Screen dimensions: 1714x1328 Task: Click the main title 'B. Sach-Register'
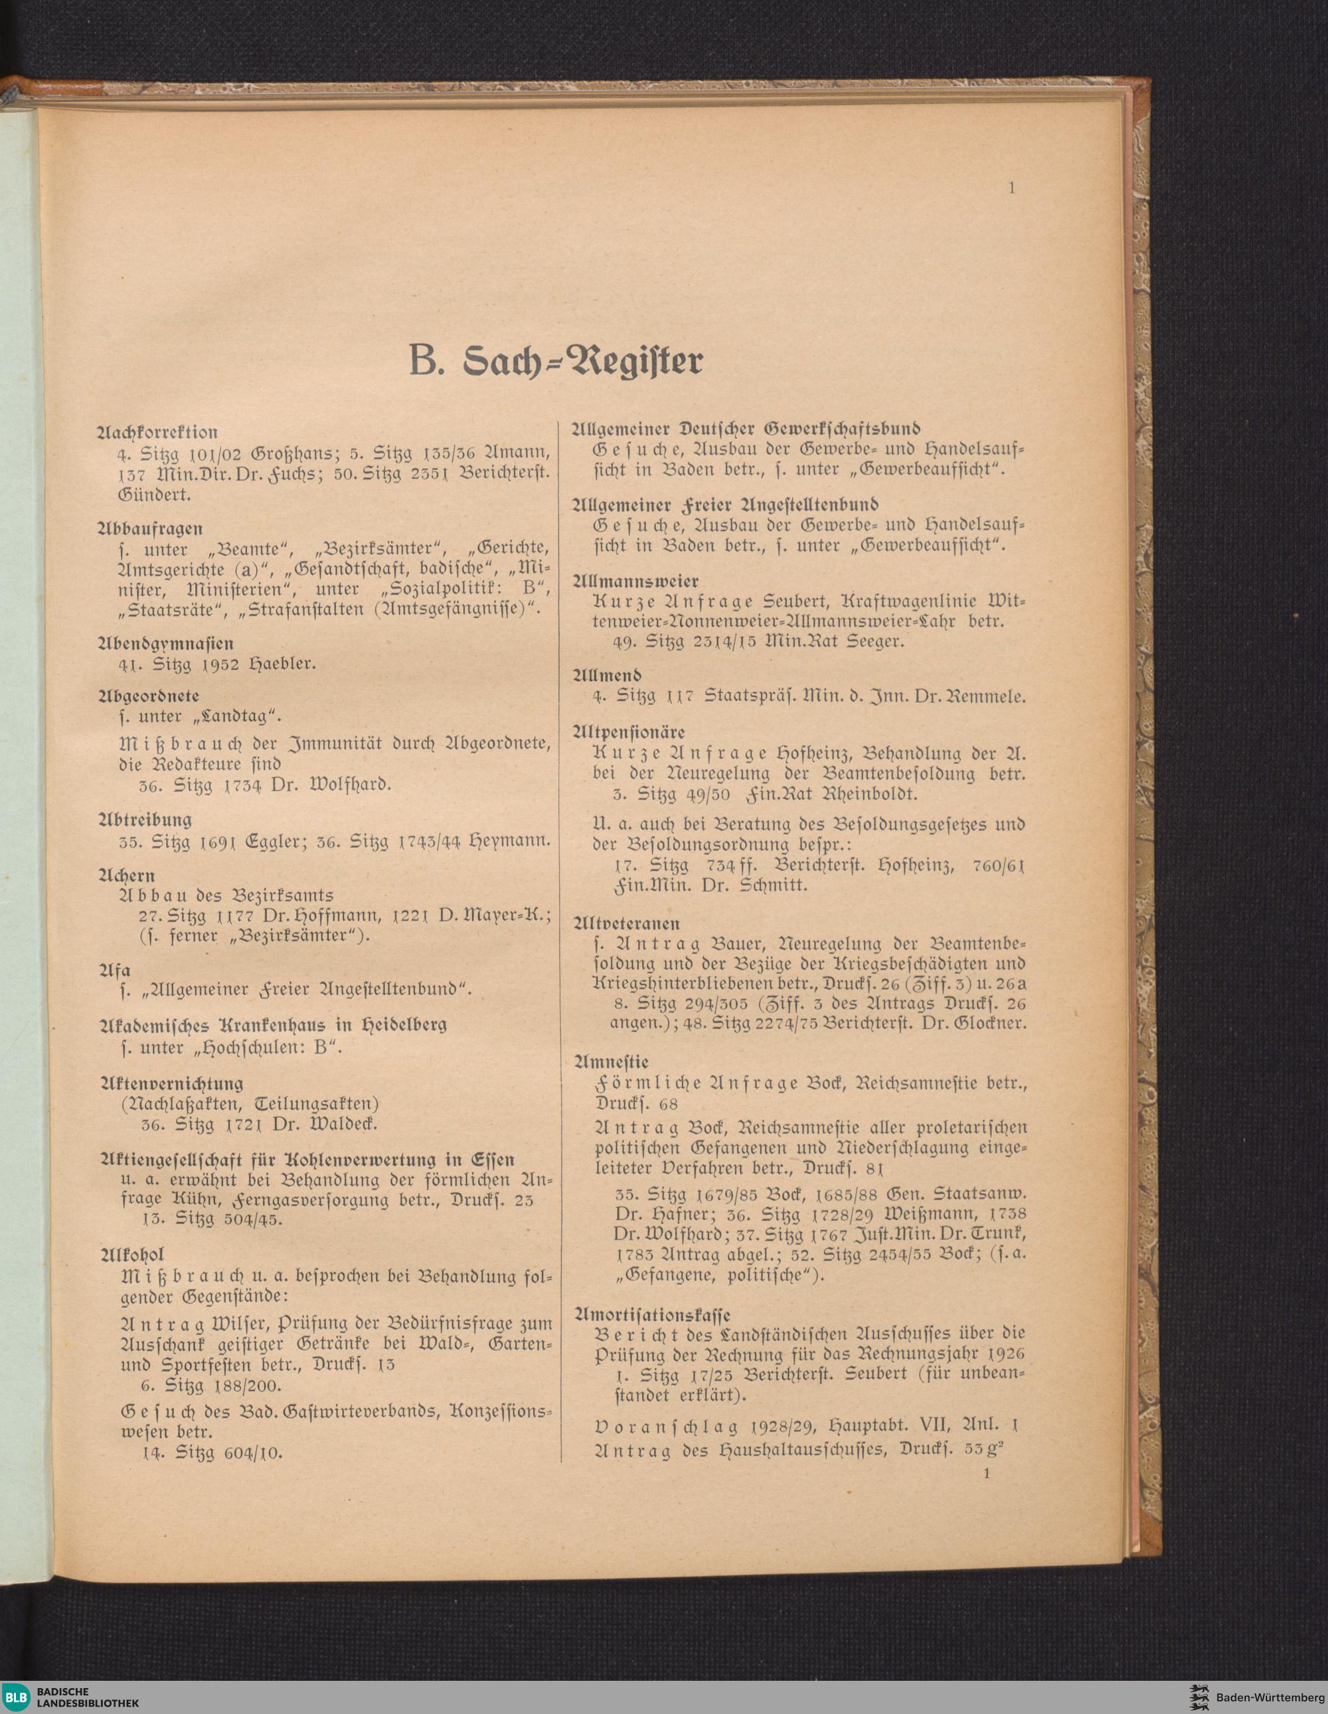point(556,361)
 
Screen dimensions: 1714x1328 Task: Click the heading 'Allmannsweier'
point(637,582)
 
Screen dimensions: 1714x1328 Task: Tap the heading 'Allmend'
point(608,674)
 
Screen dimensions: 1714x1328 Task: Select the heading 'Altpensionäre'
point(629,732)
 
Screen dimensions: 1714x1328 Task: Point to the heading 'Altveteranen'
point(627,923)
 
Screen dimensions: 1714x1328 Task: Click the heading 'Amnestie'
point(612,1062)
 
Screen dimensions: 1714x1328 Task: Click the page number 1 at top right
point(1013,188)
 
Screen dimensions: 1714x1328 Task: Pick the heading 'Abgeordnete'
point(149,695)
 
